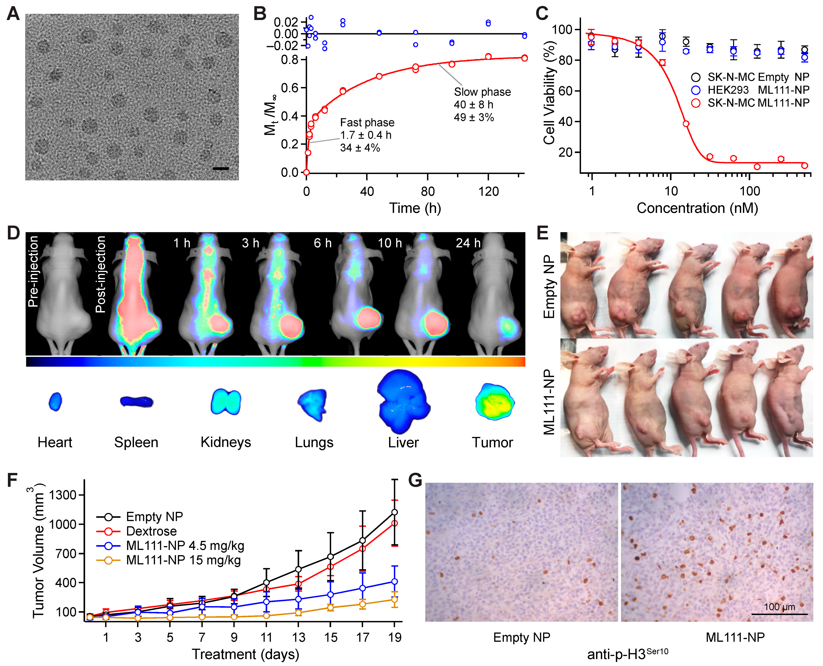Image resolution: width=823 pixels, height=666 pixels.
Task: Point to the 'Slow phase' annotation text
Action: [x=482, y=92]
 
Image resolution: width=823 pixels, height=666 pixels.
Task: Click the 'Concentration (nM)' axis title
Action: [x=697, y=208]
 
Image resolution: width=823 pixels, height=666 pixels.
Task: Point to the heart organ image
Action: [x=55, y=402]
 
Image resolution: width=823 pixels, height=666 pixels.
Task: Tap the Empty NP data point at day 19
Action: [x=394, y=512]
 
